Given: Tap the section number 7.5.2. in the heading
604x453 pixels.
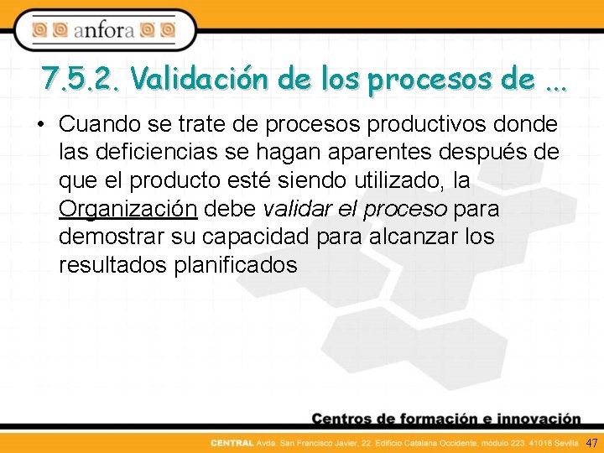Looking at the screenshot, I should [82, 80].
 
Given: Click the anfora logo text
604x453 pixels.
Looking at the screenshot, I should [104, 31].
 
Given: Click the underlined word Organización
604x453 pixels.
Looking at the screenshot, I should [128, 209].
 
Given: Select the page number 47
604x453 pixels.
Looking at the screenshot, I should [591, 442].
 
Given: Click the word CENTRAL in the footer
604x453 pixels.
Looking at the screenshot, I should [227, 442].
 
